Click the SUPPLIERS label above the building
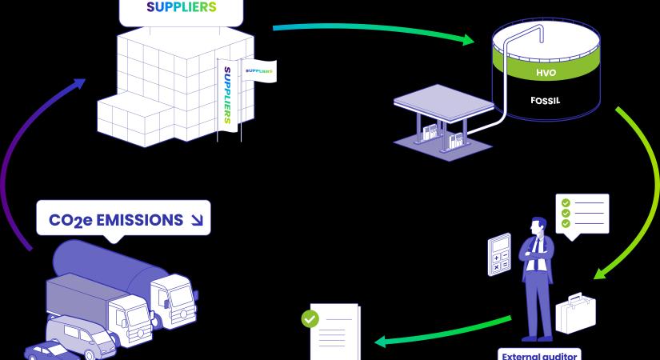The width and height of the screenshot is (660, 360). click(x=181, y=8)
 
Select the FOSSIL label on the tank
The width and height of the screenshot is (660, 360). click(x=544, y=102)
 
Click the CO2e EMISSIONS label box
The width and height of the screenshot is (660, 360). click(x=123, y=218)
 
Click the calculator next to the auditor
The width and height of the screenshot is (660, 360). click(x=499, y=254)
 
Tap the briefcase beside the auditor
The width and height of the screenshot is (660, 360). click(x=575, y=312)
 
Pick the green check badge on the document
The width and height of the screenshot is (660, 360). click(x=309, y=318)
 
